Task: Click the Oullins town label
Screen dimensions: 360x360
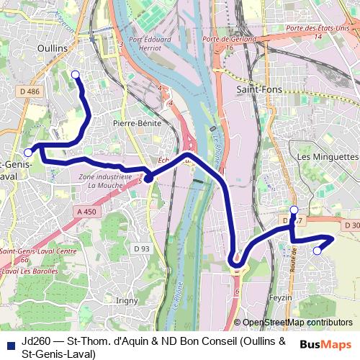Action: click(51, 48)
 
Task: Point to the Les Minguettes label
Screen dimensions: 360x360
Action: click(327, 156)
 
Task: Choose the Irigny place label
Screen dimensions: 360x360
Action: click(126, 300)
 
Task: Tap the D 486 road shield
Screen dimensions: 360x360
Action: click(30, 91)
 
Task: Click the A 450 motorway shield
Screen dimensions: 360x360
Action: click(85, 212)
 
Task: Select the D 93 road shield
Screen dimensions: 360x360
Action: click(142, 248)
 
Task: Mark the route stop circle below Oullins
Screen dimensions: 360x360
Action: click(76, 74)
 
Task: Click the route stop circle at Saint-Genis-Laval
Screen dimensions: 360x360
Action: click(28, 152)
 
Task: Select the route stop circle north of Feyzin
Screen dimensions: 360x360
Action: click(294, 209)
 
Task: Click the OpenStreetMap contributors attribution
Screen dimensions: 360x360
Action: click(297, 323)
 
